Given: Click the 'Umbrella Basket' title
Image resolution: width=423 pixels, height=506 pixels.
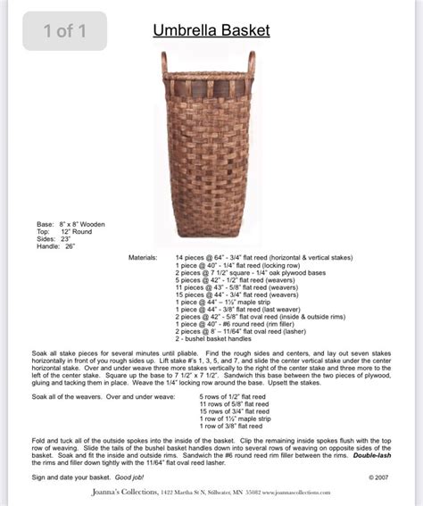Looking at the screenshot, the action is coord(211,31).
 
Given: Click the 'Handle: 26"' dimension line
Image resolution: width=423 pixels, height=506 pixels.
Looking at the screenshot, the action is coord(56,245).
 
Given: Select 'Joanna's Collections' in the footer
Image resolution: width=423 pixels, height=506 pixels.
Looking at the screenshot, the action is coord(123,492).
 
